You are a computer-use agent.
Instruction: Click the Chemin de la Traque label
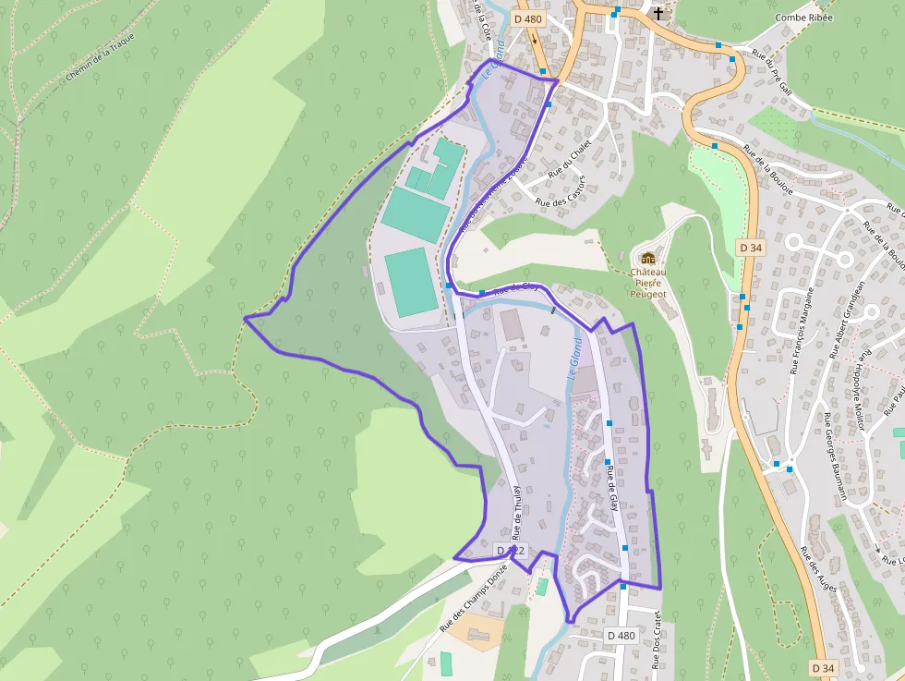click(101, 57)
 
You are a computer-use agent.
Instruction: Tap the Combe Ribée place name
click(804, 18)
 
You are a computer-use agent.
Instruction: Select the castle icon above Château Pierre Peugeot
click(647, 257)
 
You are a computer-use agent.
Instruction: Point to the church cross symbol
click(658, 13)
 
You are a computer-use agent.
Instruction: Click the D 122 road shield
click(511, 551)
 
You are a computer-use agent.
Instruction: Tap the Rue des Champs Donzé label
click(474, 598)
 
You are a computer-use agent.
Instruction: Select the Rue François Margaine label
click(802, 330)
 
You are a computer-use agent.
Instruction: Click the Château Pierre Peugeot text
click(647, 283)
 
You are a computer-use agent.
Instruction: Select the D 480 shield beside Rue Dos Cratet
click(621, 636)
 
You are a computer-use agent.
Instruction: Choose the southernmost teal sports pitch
click(412, 282)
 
